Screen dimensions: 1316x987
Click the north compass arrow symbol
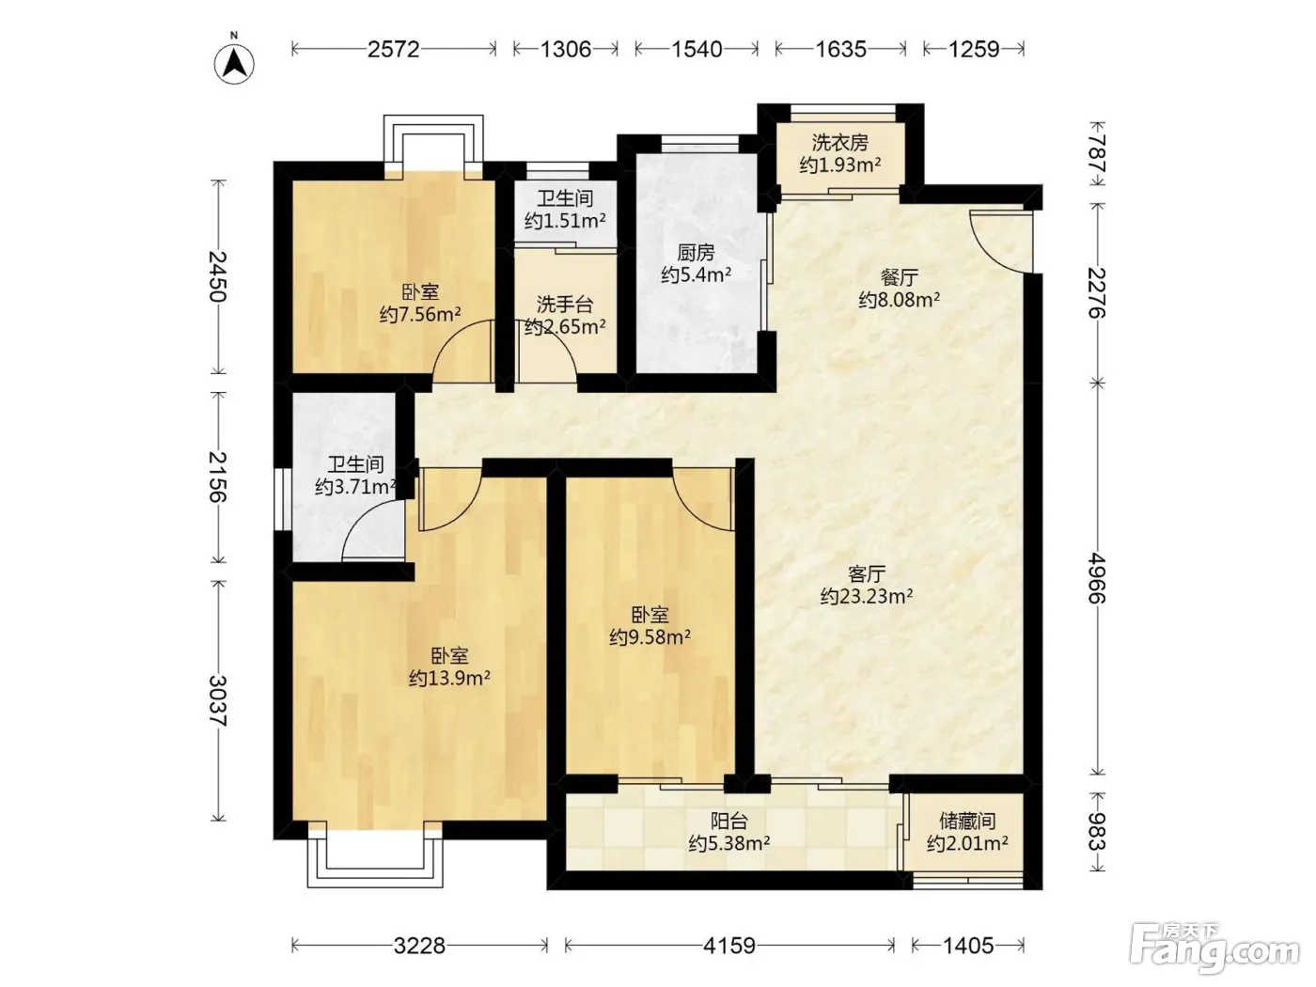(234, 64)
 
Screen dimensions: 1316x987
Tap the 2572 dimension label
(393, 49)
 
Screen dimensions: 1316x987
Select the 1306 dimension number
(565, 49)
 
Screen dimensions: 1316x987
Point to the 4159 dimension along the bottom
(729, 946)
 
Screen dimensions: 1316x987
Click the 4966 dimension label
(1097, 578)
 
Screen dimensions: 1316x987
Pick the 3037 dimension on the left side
(218, 701)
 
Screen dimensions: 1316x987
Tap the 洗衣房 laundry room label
(840, 143)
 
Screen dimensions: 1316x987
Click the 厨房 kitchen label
(697, 253)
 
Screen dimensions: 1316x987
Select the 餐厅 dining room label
(899, 277)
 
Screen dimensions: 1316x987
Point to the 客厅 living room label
(867, 574)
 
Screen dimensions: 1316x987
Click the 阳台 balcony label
(729, 821)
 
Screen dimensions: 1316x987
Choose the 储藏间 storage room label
(967, 821)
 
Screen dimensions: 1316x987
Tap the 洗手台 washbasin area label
(565, 305)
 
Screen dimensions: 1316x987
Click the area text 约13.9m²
(449, 679)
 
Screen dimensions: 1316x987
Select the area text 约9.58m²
(650, 637)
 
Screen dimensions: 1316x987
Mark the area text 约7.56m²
(420, 314)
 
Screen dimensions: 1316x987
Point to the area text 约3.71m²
(355, 487)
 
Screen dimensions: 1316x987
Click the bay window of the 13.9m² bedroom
(375, 857)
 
